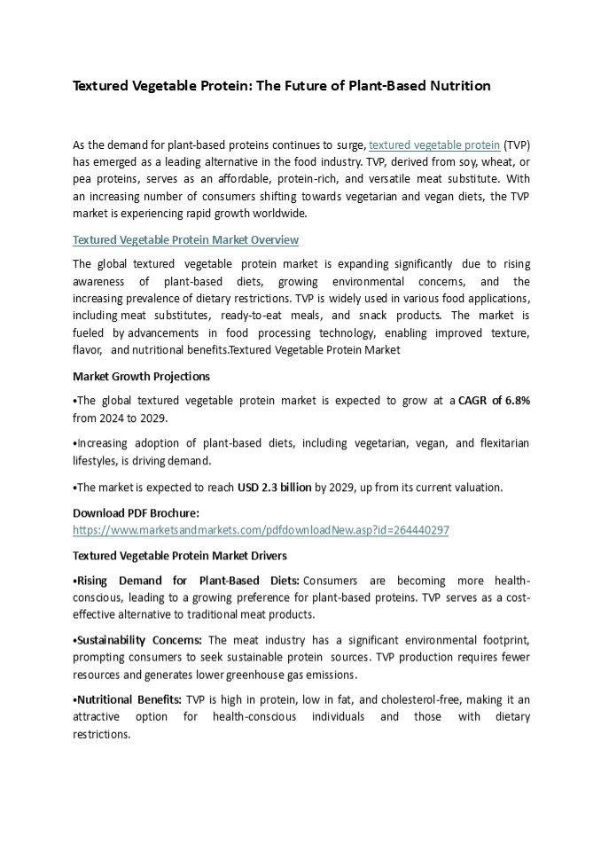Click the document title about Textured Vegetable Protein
click(281, 86)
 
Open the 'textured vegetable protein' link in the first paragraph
click(434, 144)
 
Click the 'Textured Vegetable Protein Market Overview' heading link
click(185, 240)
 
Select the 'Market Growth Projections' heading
click(141, 376)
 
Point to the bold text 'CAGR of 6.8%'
click(495, 401)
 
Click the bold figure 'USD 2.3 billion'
click(274, 487)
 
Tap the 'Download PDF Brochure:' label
click(136, 512)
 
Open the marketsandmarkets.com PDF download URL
click(261, 530)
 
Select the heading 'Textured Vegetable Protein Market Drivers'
click(180, 556)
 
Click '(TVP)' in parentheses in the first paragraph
click(517, 144)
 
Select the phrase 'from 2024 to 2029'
click(119, 418)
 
